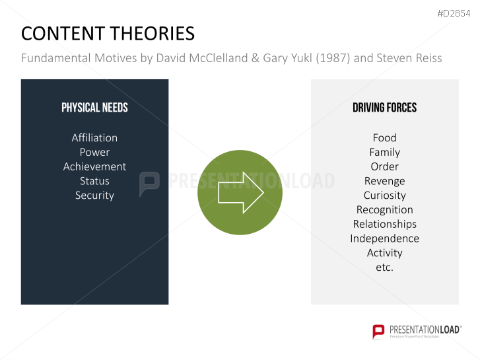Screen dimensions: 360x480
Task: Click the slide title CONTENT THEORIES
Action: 108,34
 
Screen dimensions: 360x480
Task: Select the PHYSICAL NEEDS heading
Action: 94,108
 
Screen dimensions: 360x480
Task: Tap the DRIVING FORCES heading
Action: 384,108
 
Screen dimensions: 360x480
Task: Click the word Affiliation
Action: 94,137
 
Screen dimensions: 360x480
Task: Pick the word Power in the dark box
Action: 94,152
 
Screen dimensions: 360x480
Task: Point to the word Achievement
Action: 94,166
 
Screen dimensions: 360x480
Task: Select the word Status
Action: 94,181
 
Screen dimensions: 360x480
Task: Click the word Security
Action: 94,196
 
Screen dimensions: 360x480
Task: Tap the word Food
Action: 384,137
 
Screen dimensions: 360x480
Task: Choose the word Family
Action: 384,152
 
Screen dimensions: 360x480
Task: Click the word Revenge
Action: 384,181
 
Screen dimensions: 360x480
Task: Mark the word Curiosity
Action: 384,196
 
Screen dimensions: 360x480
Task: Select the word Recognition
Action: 384,210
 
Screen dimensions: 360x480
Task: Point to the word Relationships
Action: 384,224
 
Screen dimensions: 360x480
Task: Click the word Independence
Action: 384,238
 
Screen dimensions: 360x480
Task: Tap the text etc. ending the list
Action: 384,268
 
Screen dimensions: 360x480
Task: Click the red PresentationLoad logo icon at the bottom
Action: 378,332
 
